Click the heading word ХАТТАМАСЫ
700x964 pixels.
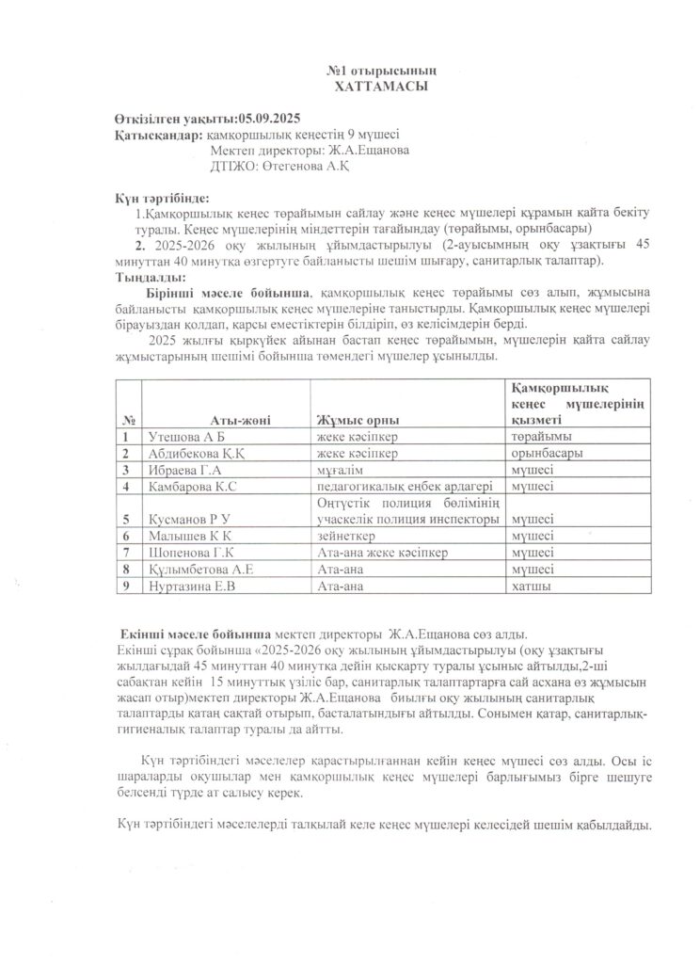pyautogui.click(x=381, y=86)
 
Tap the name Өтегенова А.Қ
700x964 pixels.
pyautogui.click(x=300, y=167)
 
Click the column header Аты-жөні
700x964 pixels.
pyautogui.click(x=239, y=419)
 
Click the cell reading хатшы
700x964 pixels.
pyautogui.click(x=531, y=586)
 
